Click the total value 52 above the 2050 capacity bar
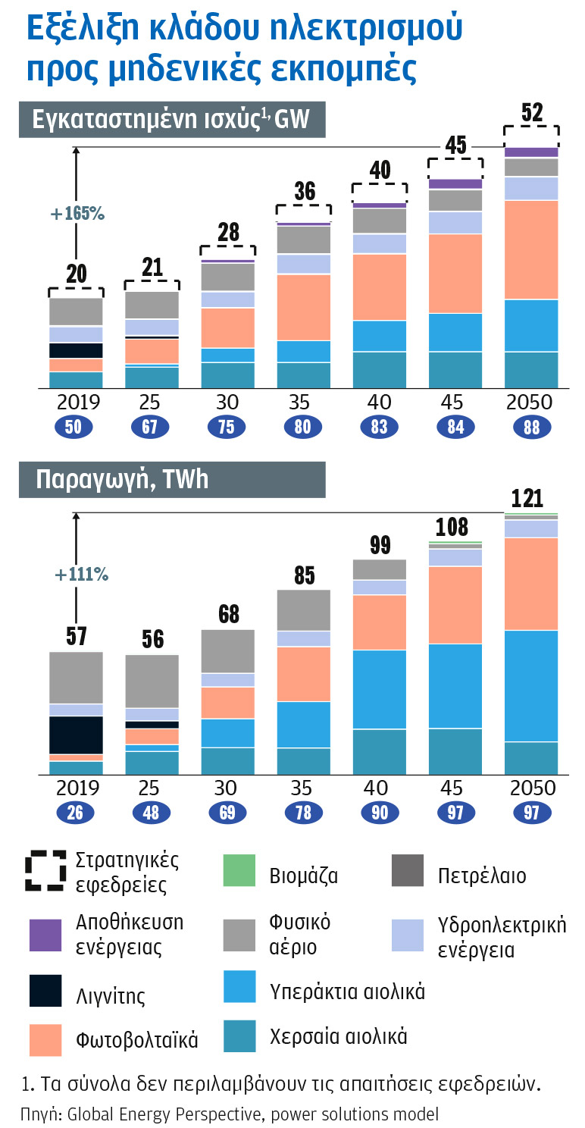point(532,113)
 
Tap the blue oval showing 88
point(532,428)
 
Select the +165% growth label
point(77,214)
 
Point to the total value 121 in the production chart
point(527,498)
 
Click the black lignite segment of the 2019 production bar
point(76,735)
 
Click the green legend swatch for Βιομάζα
point(239,873)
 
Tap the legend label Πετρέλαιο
point(482,876)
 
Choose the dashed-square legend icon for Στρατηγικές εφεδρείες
point(45,873)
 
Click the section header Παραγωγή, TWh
point(122,480)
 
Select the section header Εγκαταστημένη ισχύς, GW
point(171,121)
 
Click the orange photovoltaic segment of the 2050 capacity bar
point(532,250)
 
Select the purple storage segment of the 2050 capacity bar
point(532,152)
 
